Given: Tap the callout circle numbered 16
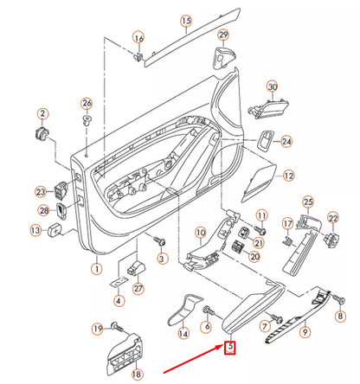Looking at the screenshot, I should [138, 38].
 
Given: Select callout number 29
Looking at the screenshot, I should [222, 35].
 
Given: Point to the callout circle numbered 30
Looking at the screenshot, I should [272, 87].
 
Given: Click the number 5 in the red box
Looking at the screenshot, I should [229, 349].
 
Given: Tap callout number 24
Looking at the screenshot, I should [286, 142].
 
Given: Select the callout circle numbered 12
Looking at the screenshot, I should [289, 175].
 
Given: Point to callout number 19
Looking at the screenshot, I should [97, 328].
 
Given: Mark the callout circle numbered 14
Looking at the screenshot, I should [183, 333].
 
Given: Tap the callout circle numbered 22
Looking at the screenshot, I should [333, 222].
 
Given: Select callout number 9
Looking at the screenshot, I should [304, 330].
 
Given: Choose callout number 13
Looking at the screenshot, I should [35, 231].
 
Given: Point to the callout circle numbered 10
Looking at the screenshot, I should [199, 232].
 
